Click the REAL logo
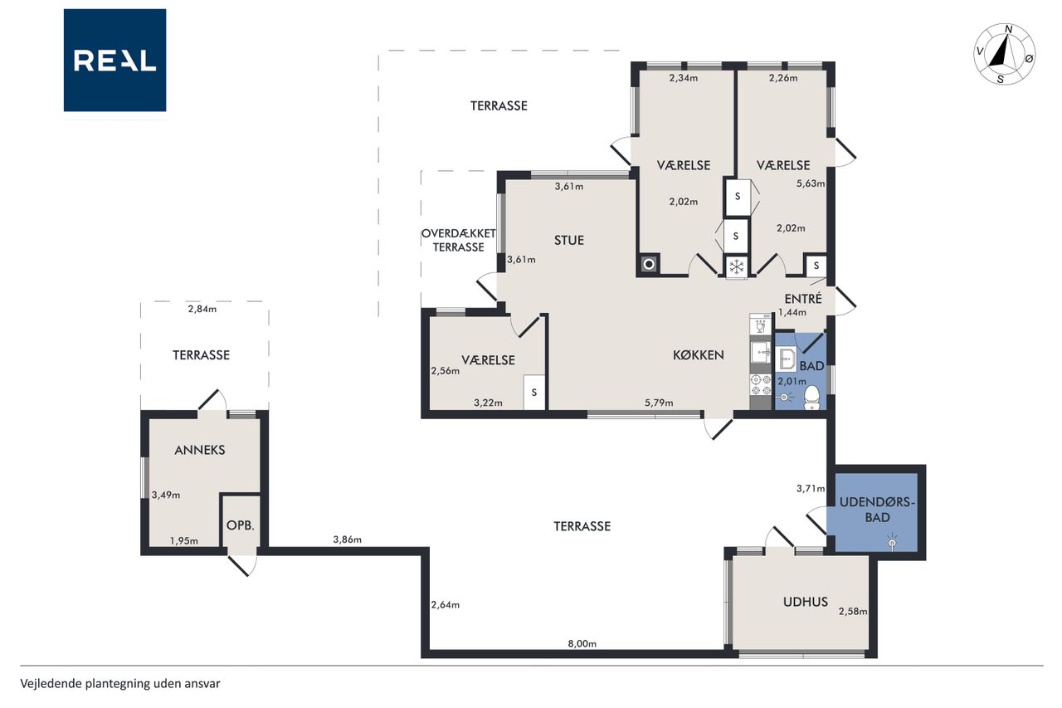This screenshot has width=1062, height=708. coord(114,61)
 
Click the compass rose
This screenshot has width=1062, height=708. coord(1005,54)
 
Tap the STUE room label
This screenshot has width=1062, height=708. coord(569,241)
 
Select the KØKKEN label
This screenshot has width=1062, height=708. coord(699,354)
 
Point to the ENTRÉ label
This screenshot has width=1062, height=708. coord(802,298)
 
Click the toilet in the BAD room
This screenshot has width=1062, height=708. coord(812,398)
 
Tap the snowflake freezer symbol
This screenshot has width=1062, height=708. coord(736,267)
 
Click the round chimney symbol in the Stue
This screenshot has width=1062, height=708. coord(649,264)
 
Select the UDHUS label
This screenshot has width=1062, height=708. coord(806,602)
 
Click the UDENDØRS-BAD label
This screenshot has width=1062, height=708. coord(877,510)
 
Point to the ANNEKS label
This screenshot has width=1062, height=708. coord(200,450)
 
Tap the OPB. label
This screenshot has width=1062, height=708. coord(241,525)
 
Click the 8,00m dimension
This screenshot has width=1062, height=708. coord(582,643)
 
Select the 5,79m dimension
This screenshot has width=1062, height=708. coord(659,403)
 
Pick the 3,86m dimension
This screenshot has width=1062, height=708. coord(347,540)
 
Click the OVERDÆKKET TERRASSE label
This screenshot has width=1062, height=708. coord(459,241)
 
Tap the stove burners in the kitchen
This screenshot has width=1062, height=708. coord(761,384)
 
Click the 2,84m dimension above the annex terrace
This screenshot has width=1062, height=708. coord(202,310)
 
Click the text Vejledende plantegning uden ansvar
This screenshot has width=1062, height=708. coord(120,684)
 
